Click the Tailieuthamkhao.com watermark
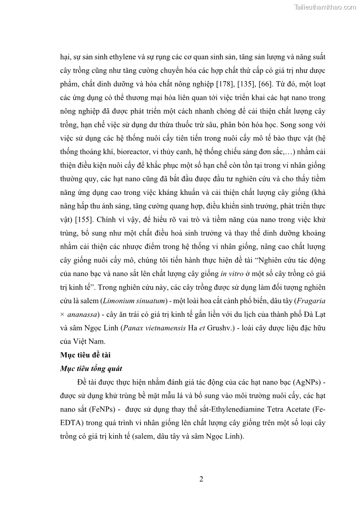click(x=325, y=7)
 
